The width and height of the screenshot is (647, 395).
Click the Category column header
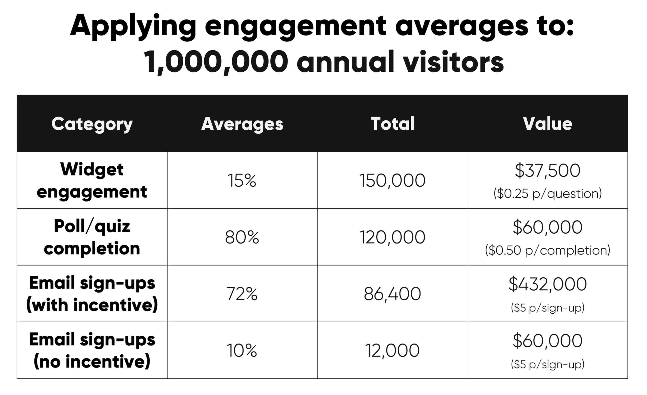(92, 124)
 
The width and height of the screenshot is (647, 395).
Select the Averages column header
(242, 124)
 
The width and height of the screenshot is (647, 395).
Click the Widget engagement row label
(92, 180)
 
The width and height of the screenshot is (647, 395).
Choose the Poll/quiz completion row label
(92, 237)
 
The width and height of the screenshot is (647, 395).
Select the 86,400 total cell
(392, 294)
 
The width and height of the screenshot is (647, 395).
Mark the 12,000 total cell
(392, 351)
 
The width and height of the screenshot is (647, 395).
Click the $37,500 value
(548, 171)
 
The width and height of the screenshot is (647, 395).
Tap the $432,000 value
(548, 284)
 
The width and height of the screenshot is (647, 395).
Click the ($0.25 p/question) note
(548, 194)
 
